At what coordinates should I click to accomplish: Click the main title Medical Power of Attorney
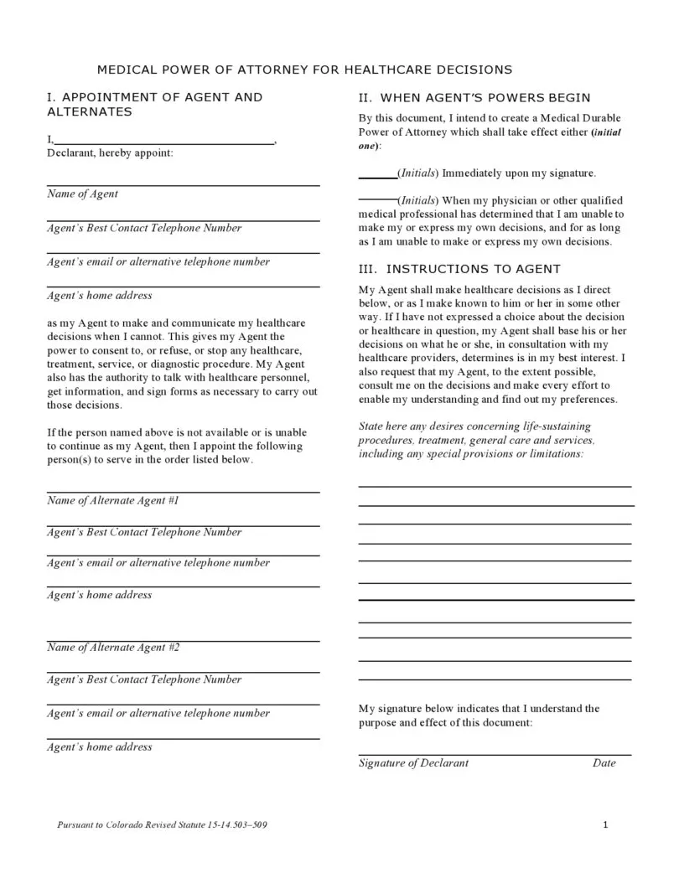(x=304, y=69)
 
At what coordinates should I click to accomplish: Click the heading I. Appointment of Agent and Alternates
(x=154, y=104)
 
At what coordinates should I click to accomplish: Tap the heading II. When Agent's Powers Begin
(x=474, y=98)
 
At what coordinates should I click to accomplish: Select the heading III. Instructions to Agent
(x=459, y=269)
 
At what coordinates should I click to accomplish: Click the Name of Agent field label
(x=82, y=194)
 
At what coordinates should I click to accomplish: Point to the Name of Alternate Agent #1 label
(x=113, y=500)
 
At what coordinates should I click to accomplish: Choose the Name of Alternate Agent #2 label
(x=113, y=648)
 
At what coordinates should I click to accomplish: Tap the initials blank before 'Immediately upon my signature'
(x=377, y=173)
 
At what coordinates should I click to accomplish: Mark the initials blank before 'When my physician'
(x=377, y=201)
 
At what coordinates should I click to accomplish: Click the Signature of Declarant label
(x=413, y=762)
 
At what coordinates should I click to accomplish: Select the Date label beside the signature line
(x=604, y=762)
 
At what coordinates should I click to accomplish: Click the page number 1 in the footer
(x=605, y=825)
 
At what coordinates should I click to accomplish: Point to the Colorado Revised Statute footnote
(x=163, y=825)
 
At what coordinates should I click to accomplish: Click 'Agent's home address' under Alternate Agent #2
(x=99, y=746)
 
